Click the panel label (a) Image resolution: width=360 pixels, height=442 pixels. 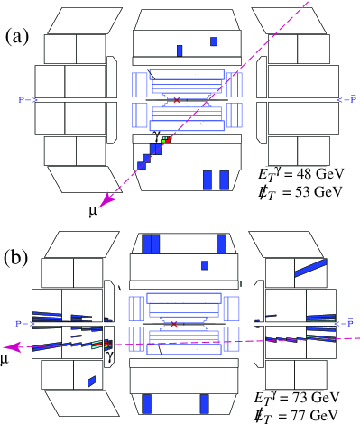click(17, 37)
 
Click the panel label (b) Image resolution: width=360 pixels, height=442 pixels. click(16, 258)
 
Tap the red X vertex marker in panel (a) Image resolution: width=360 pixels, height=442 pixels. click(177, 100)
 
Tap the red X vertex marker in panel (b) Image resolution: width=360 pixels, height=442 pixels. click(174, 324)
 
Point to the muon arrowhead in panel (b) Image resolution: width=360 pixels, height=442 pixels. click(12, 347)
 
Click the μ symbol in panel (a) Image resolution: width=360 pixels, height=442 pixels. click(93, 211)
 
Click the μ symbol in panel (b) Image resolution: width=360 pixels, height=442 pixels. click(5, 359)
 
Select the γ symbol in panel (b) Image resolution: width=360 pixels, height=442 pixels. click(110, 355)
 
